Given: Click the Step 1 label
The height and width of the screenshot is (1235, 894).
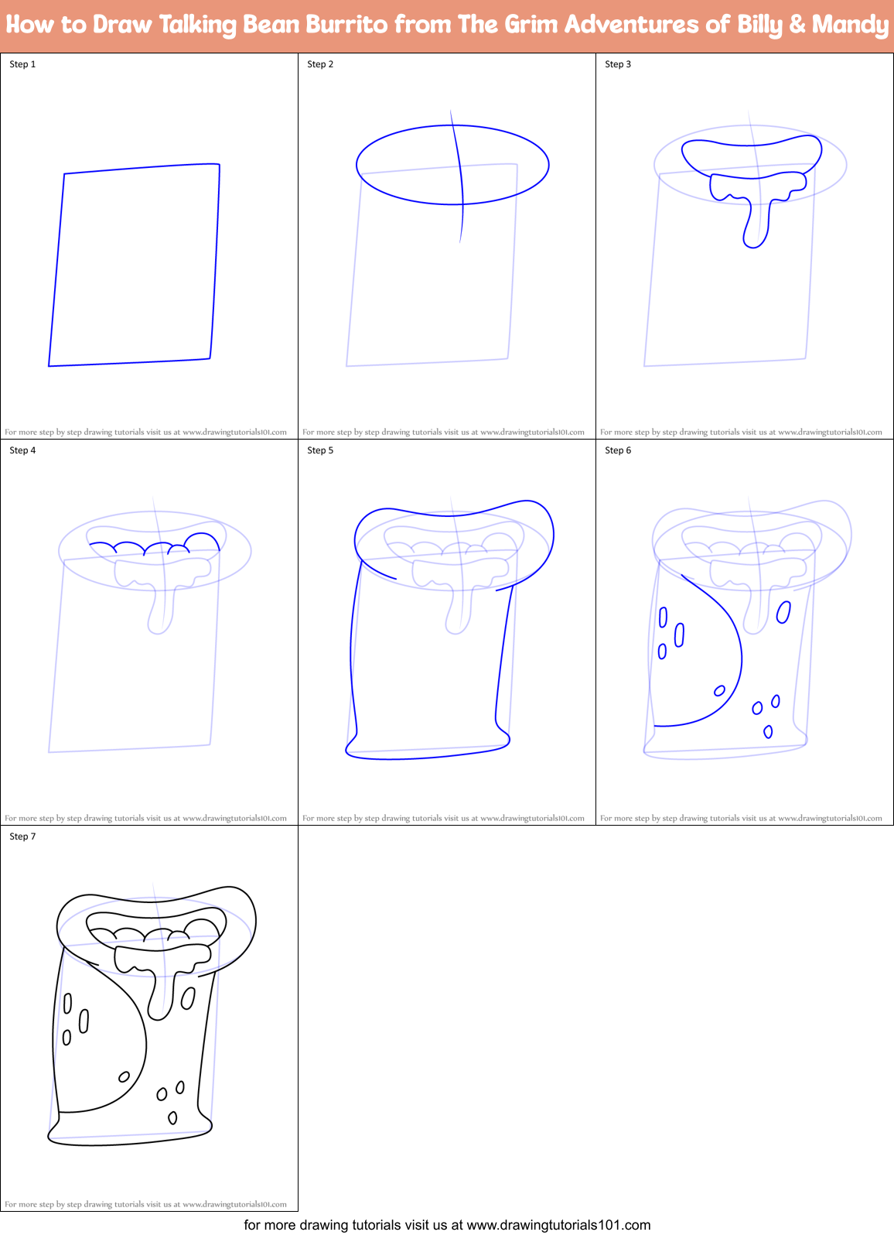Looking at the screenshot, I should coord(22,64).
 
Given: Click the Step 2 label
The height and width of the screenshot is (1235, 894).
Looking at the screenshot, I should coord(320,64).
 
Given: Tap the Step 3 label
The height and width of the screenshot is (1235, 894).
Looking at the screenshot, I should coord(618,64).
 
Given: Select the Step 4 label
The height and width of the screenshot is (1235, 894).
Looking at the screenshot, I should coord(22,450).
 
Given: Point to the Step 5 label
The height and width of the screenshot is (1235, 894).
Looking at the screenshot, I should coord(320,450).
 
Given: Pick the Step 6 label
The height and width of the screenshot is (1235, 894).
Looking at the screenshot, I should coord(618,450).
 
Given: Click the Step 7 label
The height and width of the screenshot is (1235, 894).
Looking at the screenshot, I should coord(22,836).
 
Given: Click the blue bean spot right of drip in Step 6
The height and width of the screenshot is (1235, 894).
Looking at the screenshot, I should coord(783,612).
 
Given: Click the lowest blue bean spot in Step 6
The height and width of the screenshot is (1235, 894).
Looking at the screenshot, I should coord(768,731).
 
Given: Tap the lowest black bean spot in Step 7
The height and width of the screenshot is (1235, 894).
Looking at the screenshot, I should coord(172,1117).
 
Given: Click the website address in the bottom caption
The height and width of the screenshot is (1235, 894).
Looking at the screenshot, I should coord(558,1225).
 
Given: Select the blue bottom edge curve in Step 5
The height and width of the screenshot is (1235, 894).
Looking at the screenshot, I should coord(425,756).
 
